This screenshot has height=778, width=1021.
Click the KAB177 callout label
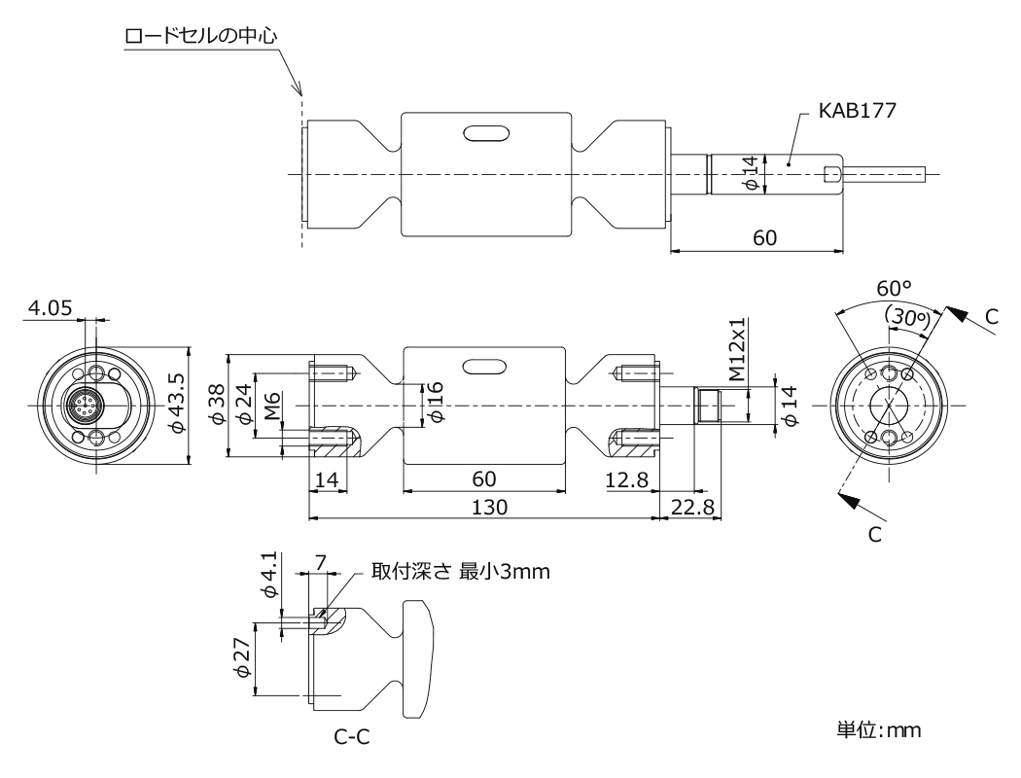tap(857, 110)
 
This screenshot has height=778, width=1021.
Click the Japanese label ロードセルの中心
tap(200, 35)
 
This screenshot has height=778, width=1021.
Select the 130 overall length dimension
tap(489, 507)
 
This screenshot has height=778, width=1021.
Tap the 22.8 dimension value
tap(692, 507)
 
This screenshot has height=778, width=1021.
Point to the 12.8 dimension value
tap(626, 479)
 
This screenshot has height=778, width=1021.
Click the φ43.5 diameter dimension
tap(176, 404)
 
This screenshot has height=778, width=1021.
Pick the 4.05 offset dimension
tap(50, 307)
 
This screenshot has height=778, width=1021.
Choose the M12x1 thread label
tap(736, 349)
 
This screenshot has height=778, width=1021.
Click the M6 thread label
tap(271, 405)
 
